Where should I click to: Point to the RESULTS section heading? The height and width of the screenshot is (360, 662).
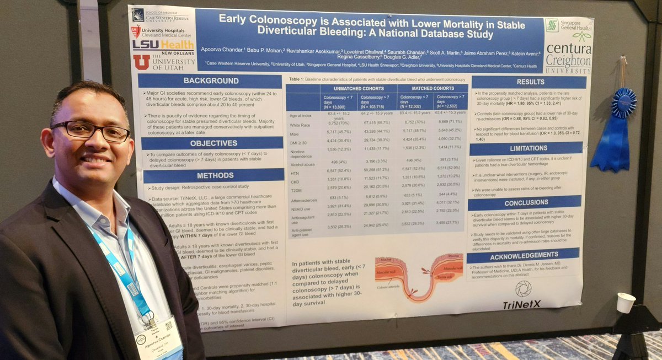click(530, 82)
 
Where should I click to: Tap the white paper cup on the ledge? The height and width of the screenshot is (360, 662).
click(626, 303)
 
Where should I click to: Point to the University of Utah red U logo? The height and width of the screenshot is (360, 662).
click(141, 62)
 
